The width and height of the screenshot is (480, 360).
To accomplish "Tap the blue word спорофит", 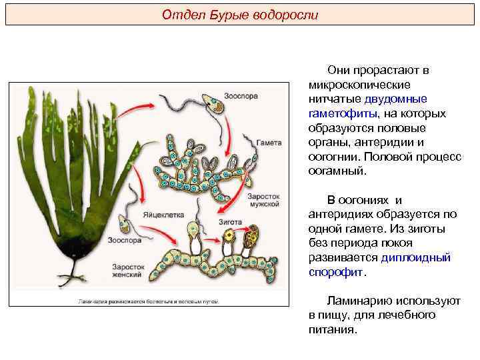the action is tap(336, 272).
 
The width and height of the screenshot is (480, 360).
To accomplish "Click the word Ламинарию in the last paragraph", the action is tap(360, 301).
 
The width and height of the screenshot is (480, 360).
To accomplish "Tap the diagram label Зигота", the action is tap(231, 219).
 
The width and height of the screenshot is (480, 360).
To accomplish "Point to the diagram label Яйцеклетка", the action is tap(163, 215).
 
